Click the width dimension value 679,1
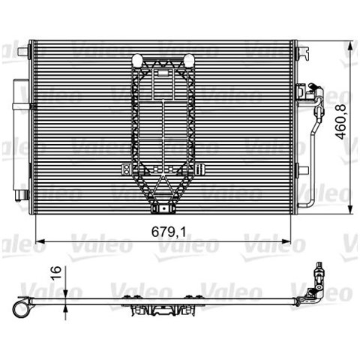[x=169, y=232]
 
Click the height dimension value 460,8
[x=340, y=121]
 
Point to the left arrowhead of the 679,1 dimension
[x=40, y=241]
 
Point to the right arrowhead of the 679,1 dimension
[x=286, y=241]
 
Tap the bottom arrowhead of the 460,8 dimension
[x=351, y=209]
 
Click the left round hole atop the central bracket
[x=137, y=60]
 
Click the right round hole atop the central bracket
[x=188, y=60]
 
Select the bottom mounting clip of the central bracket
[x=163, y=208]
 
